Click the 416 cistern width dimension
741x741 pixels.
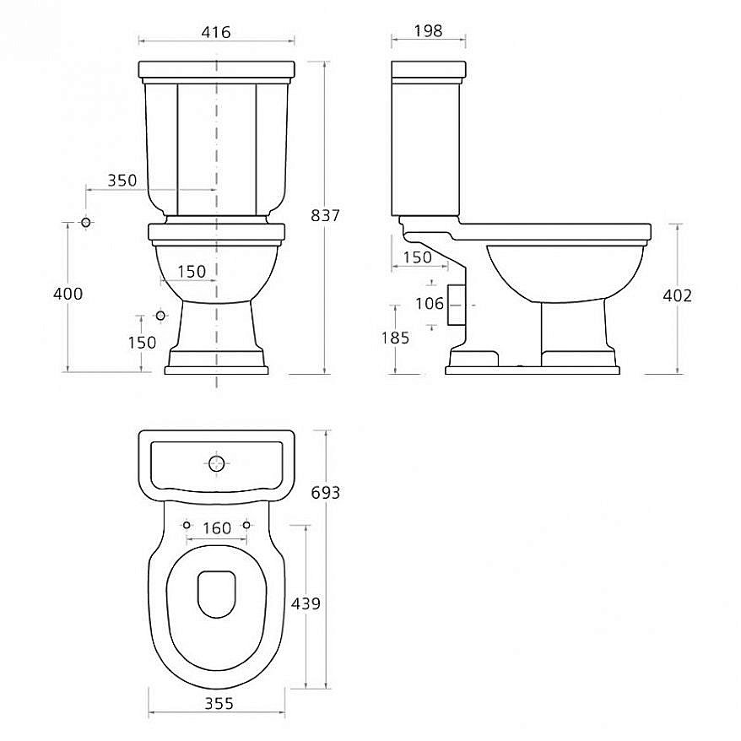coord(216,32)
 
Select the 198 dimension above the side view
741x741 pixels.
coord(429,31)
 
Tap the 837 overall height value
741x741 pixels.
coord(325,216)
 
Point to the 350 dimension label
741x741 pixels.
coord(122,180)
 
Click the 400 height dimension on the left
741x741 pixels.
coord(68,294)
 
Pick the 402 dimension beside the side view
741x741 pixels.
coord(677,295)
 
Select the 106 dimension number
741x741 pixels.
coord(430,303)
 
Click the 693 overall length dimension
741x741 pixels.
coord(325,492)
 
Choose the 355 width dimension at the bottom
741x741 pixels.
coord(219,703)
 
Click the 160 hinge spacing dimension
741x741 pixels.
coord(217,528)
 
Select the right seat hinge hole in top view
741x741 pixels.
coord(246,524)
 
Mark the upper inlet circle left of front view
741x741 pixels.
coord(86,222)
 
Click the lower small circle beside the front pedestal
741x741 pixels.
coord(161,315)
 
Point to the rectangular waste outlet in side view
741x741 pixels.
coord(456,303)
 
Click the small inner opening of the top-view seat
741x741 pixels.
coord(218,592)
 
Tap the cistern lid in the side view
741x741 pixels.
coord(429,67)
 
